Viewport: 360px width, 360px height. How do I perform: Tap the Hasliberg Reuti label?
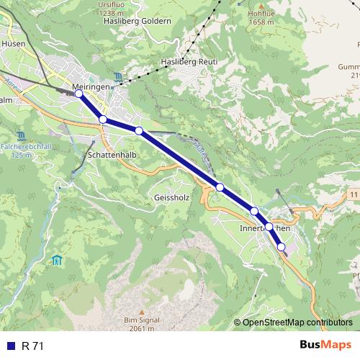tap(189, 62)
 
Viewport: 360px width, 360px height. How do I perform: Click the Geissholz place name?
tap(171, 197)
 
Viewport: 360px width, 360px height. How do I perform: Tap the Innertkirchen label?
tap(264, 228)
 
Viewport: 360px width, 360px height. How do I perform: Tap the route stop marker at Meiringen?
tap(78, 94)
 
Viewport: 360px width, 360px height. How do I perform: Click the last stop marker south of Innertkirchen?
tap(282, 247)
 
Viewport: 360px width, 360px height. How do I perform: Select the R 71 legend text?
tap(32, 346)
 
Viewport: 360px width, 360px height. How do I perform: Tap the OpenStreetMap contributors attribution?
tap(297, 322)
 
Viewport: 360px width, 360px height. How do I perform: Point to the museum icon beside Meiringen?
tap(118, 77)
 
